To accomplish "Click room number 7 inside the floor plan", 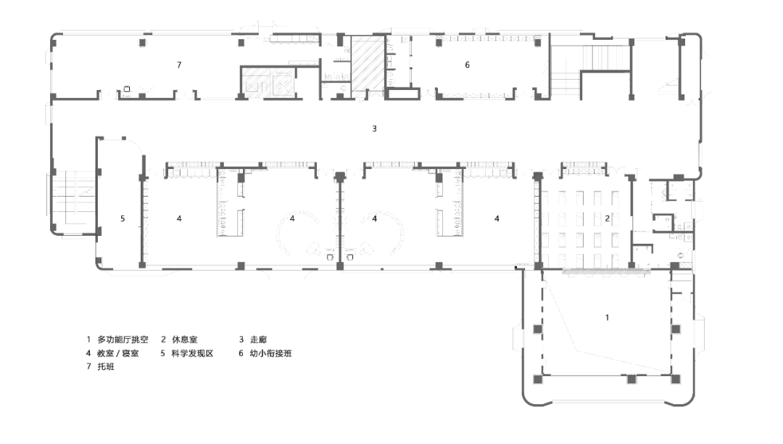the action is click(179, 65).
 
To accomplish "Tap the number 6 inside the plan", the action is click(468, 65).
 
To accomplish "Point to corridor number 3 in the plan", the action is click(375, 129).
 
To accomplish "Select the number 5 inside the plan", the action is click(123, 219).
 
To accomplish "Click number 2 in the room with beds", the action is click(608, 219).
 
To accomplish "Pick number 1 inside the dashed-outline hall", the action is click(608, 318).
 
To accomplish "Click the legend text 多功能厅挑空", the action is click(123, 340).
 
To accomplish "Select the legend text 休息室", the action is click(185, 340).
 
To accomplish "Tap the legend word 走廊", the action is click(259, 340).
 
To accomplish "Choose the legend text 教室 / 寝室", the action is click(118, 353).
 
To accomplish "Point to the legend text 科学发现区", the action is click(192, 353).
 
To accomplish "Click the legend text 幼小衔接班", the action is click(270, 353).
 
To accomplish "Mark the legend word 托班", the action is click(106, 366).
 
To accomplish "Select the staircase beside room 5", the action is click(75, 198).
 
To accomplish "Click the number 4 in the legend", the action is click(88, 353).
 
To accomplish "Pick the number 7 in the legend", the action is click(88, 366).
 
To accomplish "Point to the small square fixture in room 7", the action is click(127, 89).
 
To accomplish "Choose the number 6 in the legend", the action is click(241, 353).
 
